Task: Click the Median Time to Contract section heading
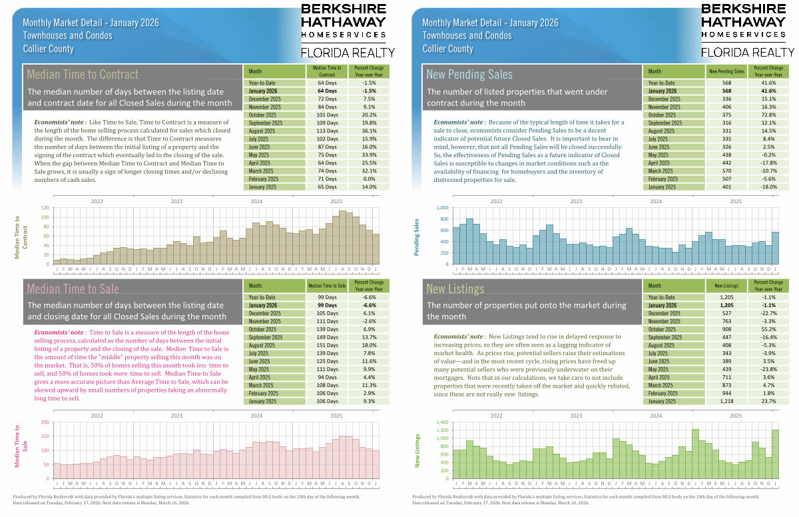coord(83,74)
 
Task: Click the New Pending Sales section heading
coord(469,74)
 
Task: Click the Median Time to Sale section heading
coord(73,288)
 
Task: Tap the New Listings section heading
coord(455,288)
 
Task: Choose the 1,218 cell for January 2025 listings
coord(726,402)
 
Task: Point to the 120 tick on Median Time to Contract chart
coord(45,208)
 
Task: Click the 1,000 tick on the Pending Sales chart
coord(441,208)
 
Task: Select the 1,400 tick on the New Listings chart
coord(441,422)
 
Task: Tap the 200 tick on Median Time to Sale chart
coord(45,422)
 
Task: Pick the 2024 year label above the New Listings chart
coord(655,415)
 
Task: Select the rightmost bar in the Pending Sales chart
coord(775,248)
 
